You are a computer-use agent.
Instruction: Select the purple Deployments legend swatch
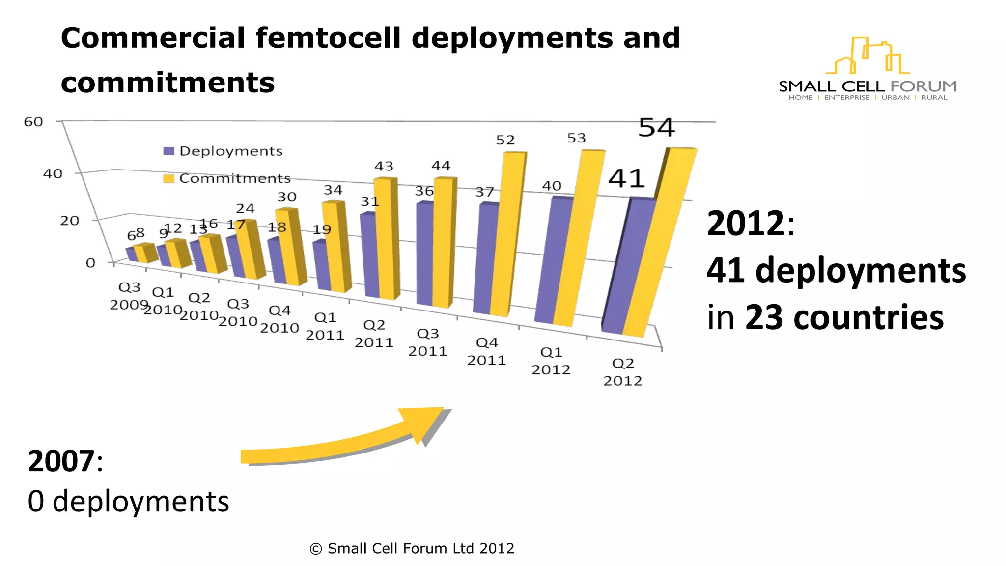coord(168,151)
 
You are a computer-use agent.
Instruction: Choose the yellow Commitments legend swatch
coord(168,178)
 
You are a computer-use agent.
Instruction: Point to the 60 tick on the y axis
coord(33,122)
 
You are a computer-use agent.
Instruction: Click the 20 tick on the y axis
coord(69,221)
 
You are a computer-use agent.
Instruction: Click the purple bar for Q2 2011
coord(371,255)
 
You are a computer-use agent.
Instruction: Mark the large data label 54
coord(656,128)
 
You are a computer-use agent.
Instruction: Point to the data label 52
coord(505,141)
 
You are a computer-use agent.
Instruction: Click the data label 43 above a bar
coord(384,167)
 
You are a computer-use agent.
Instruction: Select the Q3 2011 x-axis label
coord(427,342)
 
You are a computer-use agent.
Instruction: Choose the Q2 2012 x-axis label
coord(623,372)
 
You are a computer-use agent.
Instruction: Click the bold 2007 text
coord(61,461)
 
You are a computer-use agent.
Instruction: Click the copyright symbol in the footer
coord(316,549)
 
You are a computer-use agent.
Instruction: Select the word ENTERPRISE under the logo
coord(846,98)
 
